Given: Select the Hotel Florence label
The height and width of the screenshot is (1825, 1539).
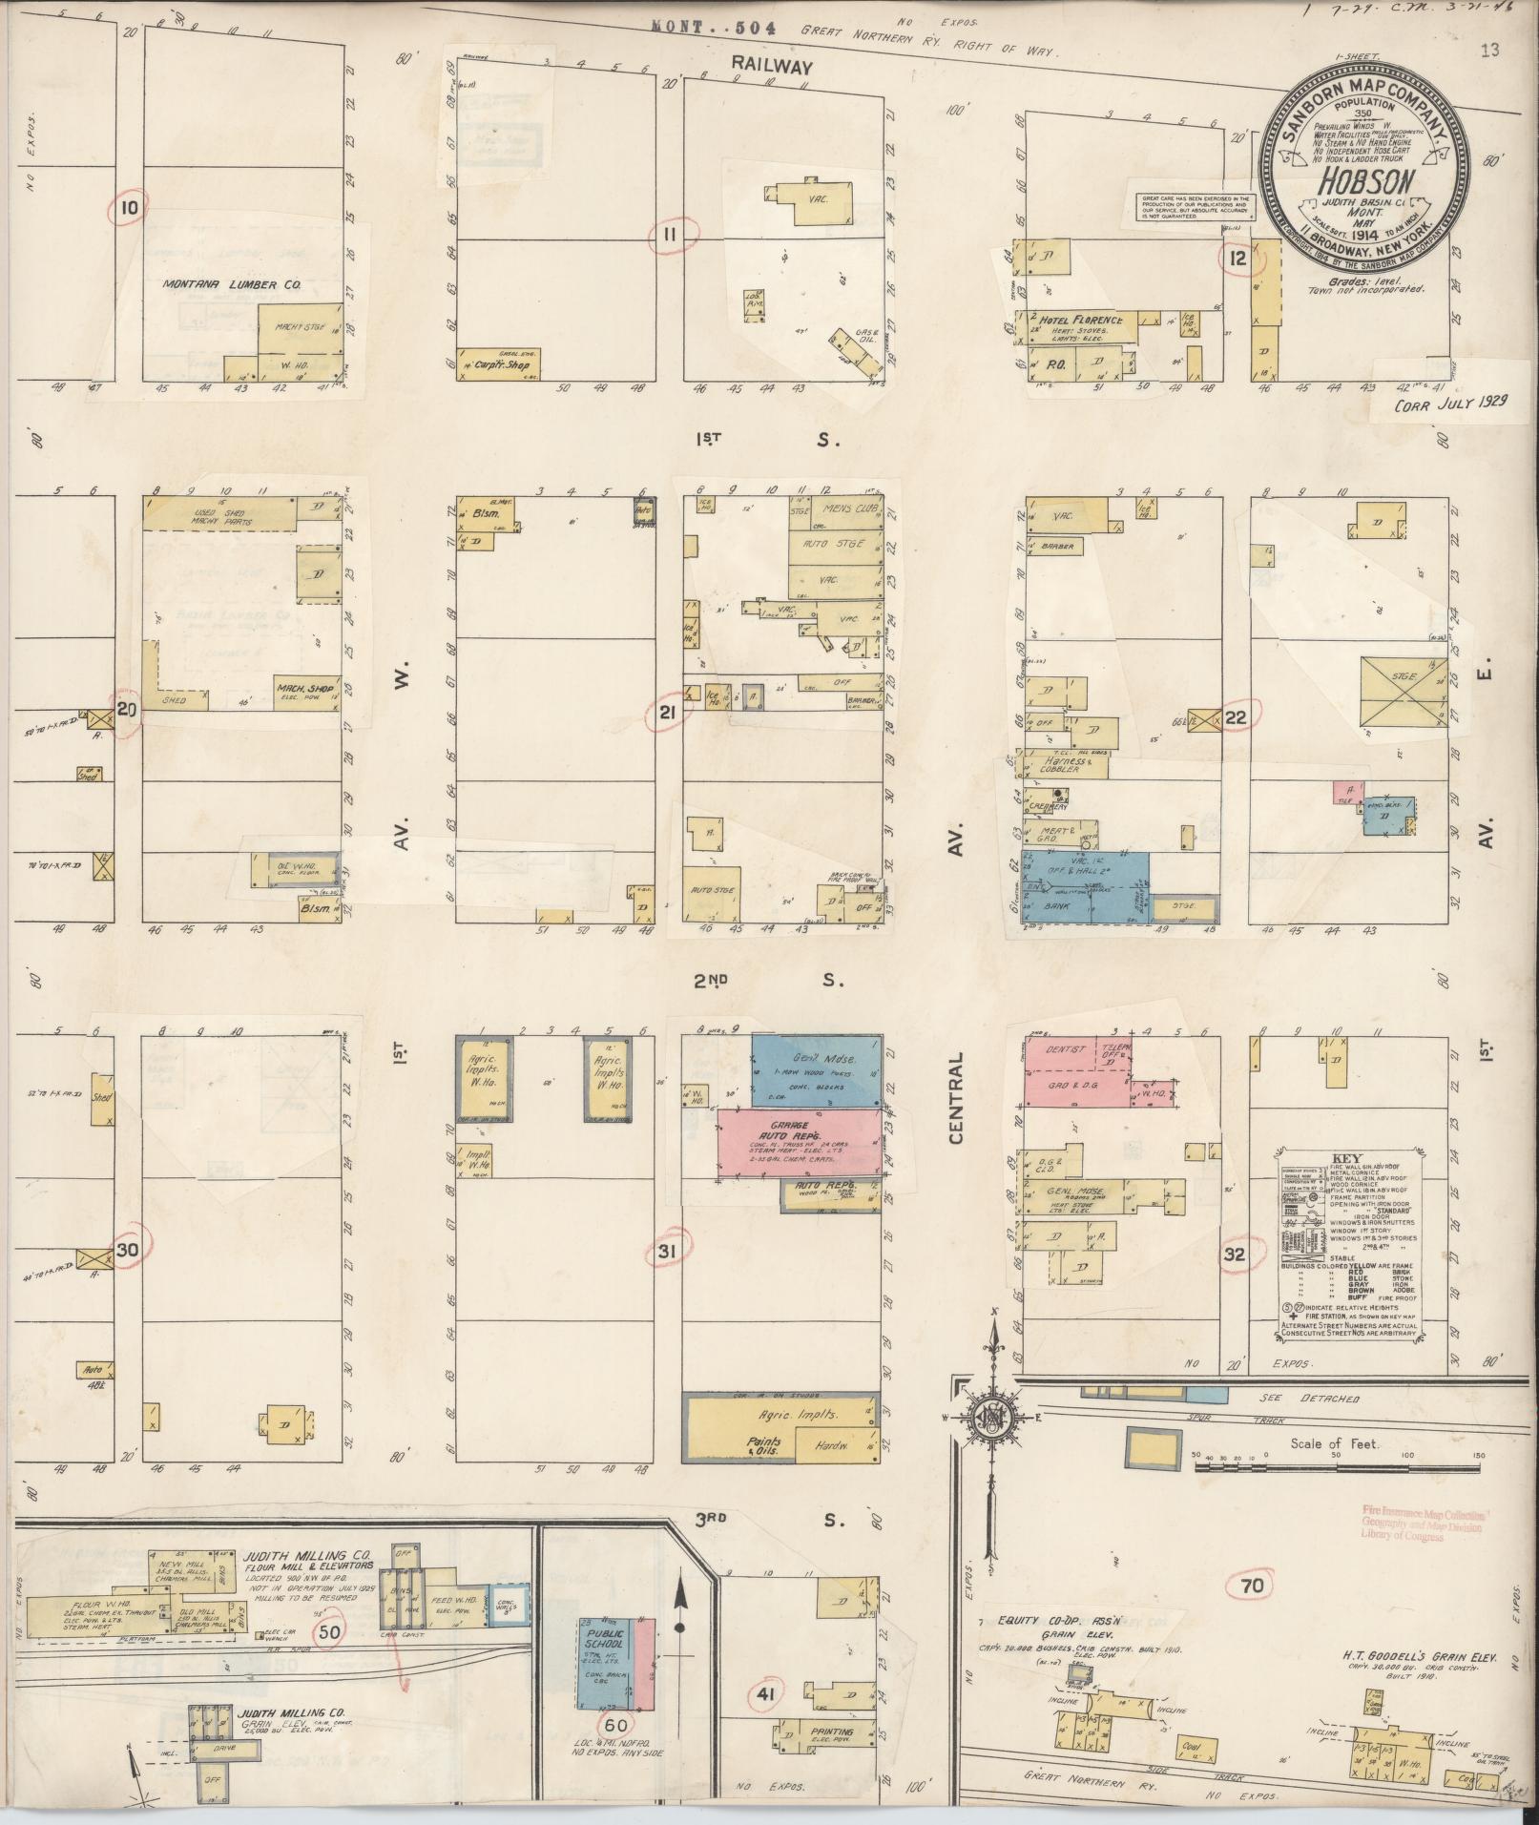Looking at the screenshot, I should click(1081, 321).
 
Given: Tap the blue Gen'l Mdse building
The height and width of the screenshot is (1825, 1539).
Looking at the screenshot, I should click(816, 1068).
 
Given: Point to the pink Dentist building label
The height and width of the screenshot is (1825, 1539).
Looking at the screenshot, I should click(1066, 1049).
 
